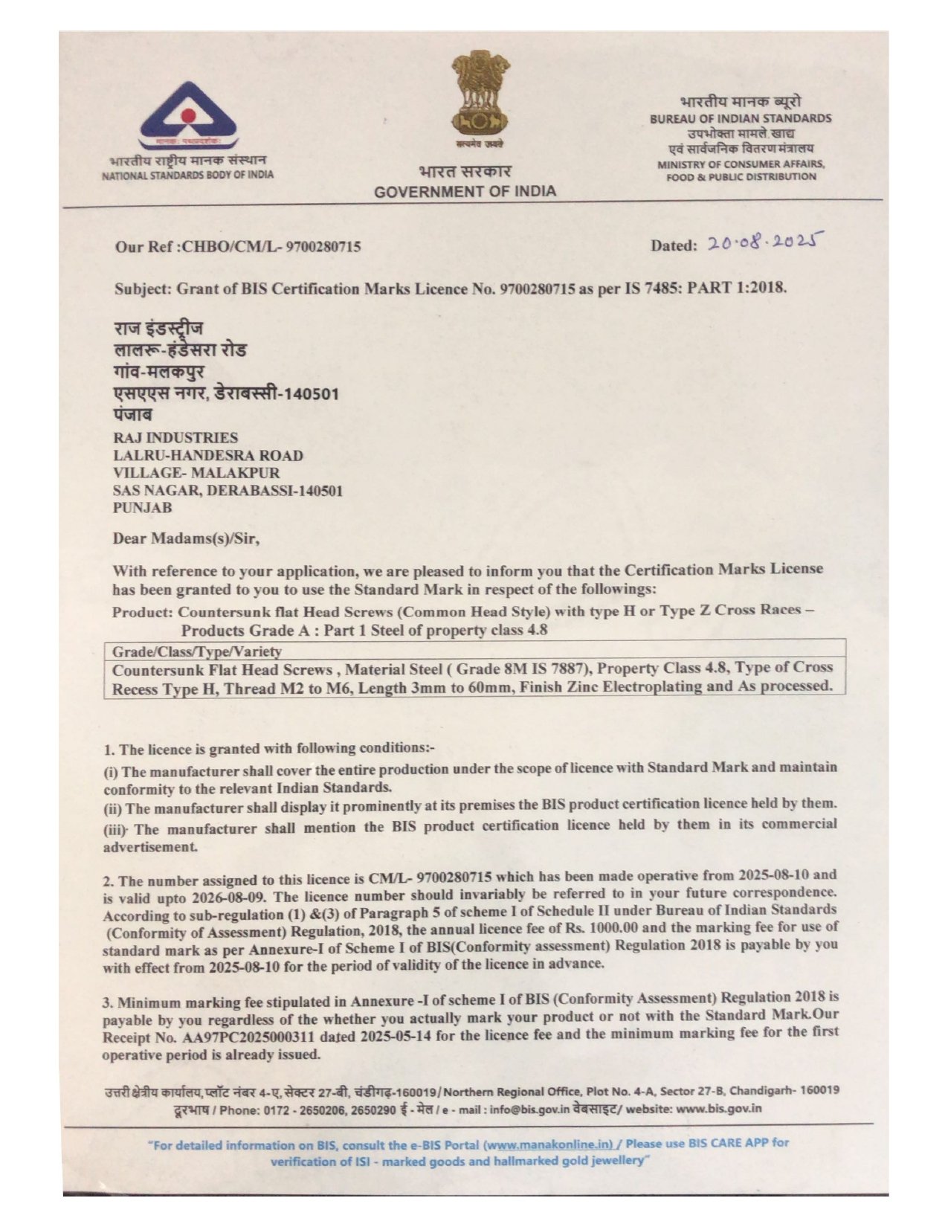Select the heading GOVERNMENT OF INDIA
pos(465,191)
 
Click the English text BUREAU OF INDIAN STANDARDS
pos(741,118)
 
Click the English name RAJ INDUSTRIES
pos(175,437)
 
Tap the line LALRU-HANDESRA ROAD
pos(208,455)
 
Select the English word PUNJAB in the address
pos(142,508)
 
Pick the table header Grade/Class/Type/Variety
pos(197,651)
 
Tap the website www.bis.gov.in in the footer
pos(719,1108)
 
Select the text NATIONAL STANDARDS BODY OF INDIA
pos(187,175)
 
